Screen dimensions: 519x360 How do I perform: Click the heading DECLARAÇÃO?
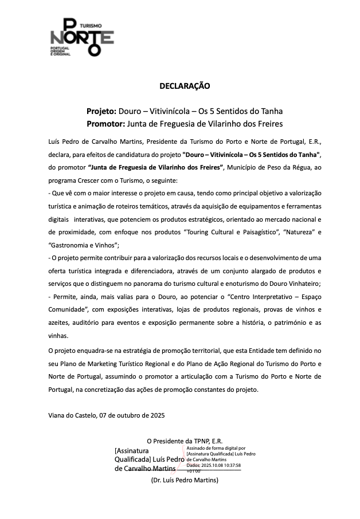point(185,86)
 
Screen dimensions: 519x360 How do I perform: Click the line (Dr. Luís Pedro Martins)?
point(185,480)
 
